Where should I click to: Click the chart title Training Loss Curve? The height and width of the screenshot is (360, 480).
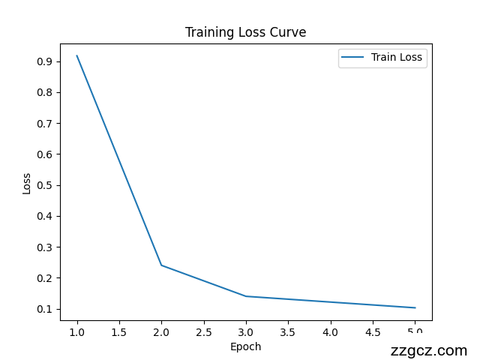(x=245, y=32)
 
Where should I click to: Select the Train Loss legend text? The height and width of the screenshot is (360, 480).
(x=396, y=57)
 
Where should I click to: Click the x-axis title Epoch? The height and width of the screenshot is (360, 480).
(x=245, y=346)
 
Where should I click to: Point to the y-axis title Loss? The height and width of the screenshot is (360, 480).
(x=27, y=184)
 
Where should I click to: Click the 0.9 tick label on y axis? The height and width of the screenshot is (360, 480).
(x=44, y=61)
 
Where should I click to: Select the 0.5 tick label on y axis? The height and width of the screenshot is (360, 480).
(x=44, y=185)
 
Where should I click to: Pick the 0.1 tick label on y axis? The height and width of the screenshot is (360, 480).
(x=44, y=309)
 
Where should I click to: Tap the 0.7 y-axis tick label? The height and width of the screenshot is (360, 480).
(x=44, y=124)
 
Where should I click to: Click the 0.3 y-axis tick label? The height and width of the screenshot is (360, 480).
(x=44, y=247)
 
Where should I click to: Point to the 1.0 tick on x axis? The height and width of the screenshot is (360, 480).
(x=76, y=331)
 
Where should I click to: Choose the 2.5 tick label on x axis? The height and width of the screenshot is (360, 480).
(x=203, y=331)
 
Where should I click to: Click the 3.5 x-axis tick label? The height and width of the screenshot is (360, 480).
(x=288, y=331)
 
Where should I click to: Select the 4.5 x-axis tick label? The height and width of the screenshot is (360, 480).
(x=373, y=331)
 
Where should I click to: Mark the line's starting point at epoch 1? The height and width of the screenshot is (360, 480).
(x=76, y=55)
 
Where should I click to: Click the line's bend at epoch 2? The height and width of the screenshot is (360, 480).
(x=161, y=265)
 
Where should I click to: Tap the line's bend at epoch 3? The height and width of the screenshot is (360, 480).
(x=246, y=296)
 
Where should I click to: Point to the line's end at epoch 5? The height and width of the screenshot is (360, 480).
(x=415, y=307)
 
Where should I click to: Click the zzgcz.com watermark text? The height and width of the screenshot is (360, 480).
(x=429, y=350)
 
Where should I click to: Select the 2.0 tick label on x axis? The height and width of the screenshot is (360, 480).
(x=161, y=331)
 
